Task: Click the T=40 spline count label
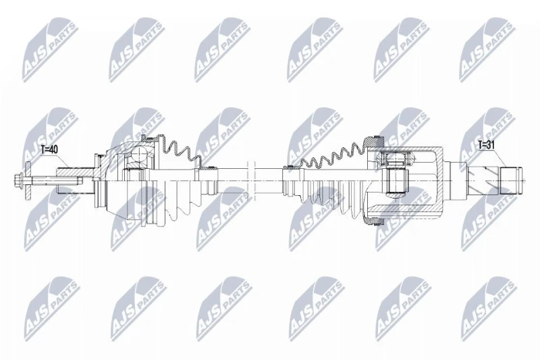(x=49, y=149)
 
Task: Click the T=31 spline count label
(x=486, y=145)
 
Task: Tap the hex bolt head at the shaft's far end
(x=18, y=180)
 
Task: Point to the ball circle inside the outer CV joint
(x=140, y=155)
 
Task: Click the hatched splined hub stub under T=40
(x=76, y=171)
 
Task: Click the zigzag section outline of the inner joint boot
(x=333, y=155)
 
